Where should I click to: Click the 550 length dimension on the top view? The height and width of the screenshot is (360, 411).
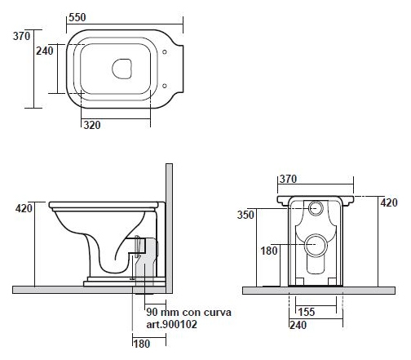(x=77, y=17)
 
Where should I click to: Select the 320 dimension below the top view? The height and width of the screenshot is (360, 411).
(x=92, y=125)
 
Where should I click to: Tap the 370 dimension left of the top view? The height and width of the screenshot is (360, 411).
(x=21, y=36)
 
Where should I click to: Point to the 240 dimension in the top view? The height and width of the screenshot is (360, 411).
(x=45, y=51)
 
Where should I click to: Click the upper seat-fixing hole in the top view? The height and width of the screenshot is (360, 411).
(x=165, y=51)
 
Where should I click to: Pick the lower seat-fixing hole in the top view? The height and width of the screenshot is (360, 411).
(x=165, y=86)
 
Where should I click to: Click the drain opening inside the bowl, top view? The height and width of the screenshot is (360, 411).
(x=122, y=69)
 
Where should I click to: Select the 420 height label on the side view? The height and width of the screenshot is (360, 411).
(x=24, y=209)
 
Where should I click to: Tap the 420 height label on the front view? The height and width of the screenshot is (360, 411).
(x=389, y=202)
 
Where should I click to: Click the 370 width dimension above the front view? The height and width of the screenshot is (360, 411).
(x=288, y=179)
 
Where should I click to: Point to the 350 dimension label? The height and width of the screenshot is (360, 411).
(x=245, y=215)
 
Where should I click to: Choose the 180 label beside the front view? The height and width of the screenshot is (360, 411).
(x=269, y=251)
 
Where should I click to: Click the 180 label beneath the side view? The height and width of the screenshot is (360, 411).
(x=142, y=344)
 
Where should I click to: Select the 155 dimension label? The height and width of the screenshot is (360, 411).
(x=307, y=312)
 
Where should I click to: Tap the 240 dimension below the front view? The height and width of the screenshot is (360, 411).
(x=298, y=325)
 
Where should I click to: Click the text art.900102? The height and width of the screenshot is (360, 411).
(x=171, y=324)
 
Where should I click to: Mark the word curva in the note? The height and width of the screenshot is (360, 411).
(x=218, y=313)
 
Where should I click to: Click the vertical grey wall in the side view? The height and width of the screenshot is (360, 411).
(x=169, y=229)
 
